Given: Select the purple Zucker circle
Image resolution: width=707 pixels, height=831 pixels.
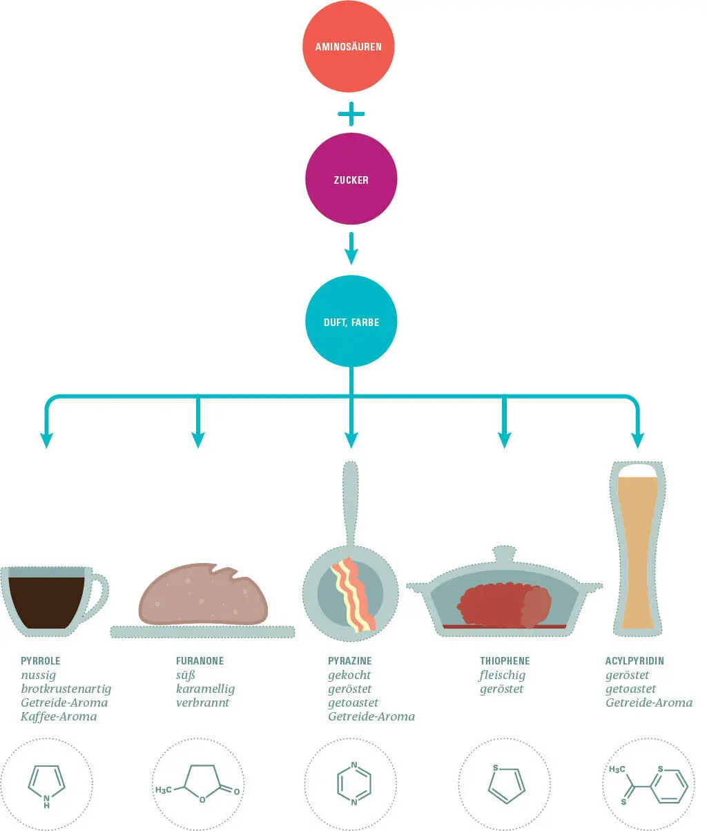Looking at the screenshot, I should coord(351,180).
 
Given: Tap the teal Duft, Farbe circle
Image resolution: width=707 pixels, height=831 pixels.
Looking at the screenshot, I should coord(351,322).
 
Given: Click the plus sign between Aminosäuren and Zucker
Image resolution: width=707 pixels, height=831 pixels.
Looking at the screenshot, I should coord(351,114).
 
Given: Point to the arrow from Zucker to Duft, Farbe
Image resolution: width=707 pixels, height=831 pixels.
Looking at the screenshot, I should coord(351,249).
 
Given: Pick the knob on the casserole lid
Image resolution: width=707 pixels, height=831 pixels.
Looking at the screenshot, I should coord(504,554).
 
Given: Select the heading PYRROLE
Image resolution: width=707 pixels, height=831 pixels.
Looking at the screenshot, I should coord(40,661).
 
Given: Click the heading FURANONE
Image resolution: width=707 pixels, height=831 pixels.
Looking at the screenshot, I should coord(200,661).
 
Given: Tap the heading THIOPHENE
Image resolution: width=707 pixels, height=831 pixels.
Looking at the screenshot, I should coord(505,661).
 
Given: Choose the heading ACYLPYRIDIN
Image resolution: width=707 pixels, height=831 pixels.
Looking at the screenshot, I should coord(635,661).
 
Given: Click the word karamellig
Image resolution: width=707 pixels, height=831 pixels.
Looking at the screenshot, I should coord(205,689).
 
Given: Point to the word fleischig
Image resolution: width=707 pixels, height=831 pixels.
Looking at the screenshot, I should coord(502,675).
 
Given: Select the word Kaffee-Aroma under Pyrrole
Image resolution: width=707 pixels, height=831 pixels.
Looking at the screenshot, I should coord(59,716).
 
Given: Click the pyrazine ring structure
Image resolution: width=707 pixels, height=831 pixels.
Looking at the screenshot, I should coord(353,783).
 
